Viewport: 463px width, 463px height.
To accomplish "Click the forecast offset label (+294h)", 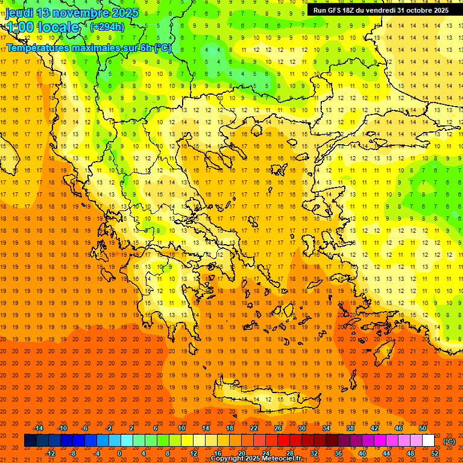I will pos(107,27).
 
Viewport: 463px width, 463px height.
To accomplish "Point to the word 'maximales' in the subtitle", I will pos(88,48).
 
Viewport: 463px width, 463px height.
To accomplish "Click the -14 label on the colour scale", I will pos(38,428).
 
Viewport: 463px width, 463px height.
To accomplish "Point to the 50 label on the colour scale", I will pos(423,428).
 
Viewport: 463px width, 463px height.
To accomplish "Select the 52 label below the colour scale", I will pos(435,453).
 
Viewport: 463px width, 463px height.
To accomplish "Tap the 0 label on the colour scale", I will pos(119,453).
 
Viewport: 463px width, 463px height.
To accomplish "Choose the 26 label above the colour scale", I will pos(278,428).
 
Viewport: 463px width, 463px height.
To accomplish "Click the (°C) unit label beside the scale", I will pos(449,441).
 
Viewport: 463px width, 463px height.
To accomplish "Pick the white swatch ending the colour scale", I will pos(428,441).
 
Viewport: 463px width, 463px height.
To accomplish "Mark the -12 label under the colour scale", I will pos(50,453).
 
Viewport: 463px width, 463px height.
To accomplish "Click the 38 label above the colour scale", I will pos(350,428).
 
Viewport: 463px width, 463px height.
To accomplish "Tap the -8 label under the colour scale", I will pos(73,453).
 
